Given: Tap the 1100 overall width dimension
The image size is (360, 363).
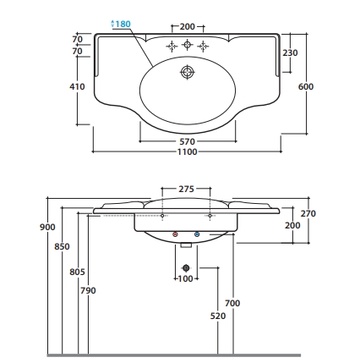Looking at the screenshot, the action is [187, 151].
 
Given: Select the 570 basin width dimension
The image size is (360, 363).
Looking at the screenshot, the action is [188, 141].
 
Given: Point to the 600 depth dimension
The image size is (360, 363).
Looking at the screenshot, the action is [306, 86].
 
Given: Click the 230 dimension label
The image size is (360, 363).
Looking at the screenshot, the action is [290, 52].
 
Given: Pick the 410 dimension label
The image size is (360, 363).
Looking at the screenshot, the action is [77, 86].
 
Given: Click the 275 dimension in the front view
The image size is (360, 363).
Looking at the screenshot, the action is [186, 189].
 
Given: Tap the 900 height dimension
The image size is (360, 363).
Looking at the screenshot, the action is [47, 227].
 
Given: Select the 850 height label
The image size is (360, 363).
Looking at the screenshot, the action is [62, 246].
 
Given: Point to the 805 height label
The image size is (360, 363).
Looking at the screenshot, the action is [77, 272].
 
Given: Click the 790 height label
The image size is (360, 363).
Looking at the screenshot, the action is [88, 290].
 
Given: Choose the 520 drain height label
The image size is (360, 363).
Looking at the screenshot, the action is [218, 316].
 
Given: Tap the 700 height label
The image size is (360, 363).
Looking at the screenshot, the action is [232, 303].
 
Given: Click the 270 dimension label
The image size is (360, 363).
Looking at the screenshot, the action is [308, 213].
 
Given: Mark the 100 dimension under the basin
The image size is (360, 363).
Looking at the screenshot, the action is [186, 278].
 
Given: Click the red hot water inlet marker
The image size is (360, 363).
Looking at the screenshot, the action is [175, 234].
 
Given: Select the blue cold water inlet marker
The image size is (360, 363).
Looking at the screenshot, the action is [197, 234].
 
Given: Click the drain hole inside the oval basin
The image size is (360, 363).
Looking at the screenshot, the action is [187, 72].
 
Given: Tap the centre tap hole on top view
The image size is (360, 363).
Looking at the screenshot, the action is [187, 45].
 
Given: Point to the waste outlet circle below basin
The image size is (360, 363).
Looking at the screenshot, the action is [186, 267].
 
